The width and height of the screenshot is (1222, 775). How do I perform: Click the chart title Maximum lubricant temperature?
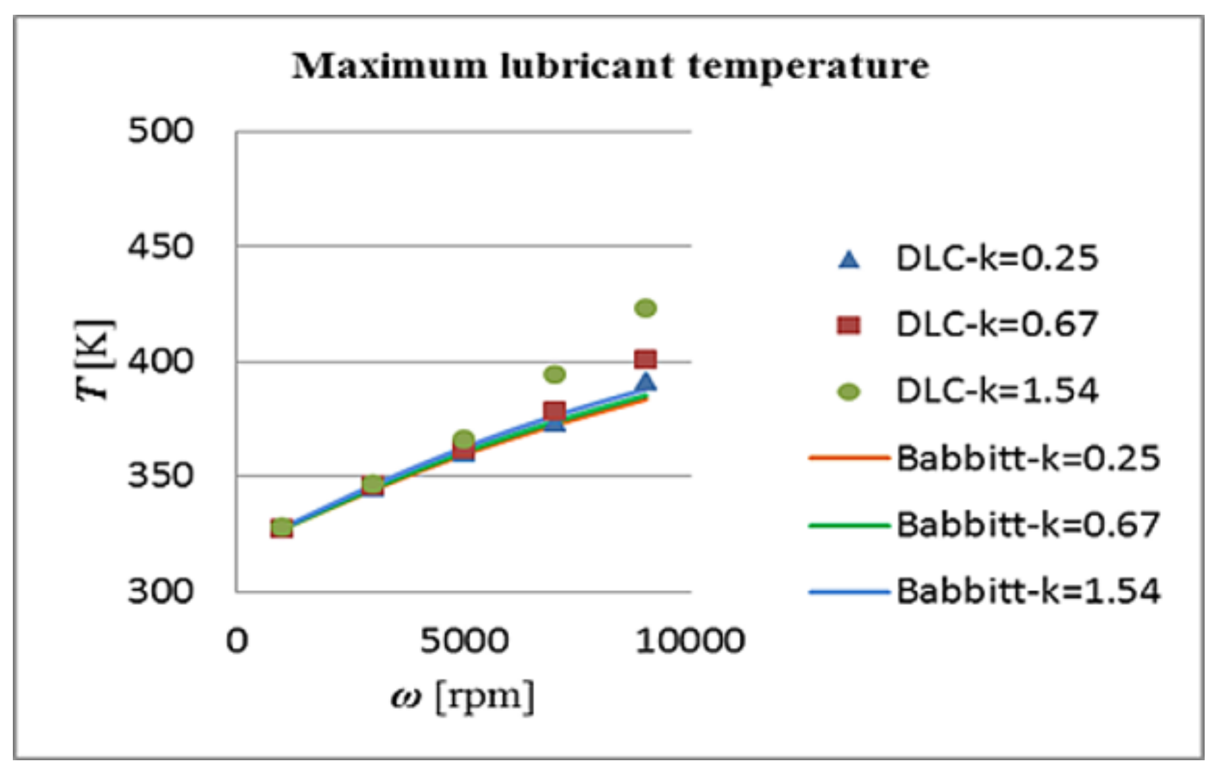(x=610, y=66)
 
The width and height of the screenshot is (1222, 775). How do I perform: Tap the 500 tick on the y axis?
(x=160, y=131)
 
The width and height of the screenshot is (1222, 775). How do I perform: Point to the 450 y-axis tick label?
(x=160, y=246)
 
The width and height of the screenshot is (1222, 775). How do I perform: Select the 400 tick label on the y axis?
(x=160, y=361)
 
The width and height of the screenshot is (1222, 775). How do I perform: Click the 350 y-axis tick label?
(x=160, y=476)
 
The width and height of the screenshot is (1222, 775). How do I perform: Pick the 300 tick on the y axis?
(x=160, y=591)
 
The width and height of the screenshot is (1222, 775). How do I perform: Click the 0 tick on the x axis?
(x=237, y=641)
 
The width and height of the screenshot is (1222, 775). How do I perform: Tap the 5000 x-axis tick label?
(x=464, y=641)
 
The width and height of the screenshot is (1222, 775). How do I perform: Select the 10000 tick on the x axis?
(x=690, y=641)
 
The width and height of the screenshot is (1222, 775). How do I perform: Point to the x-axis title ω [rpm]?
(x=462, y=697)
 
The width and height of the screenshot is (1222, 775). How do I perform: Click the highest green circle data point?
(x=645, y=309)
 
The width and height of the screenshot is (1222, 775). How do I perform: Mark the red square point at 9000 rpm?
(x=645, y=359)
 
